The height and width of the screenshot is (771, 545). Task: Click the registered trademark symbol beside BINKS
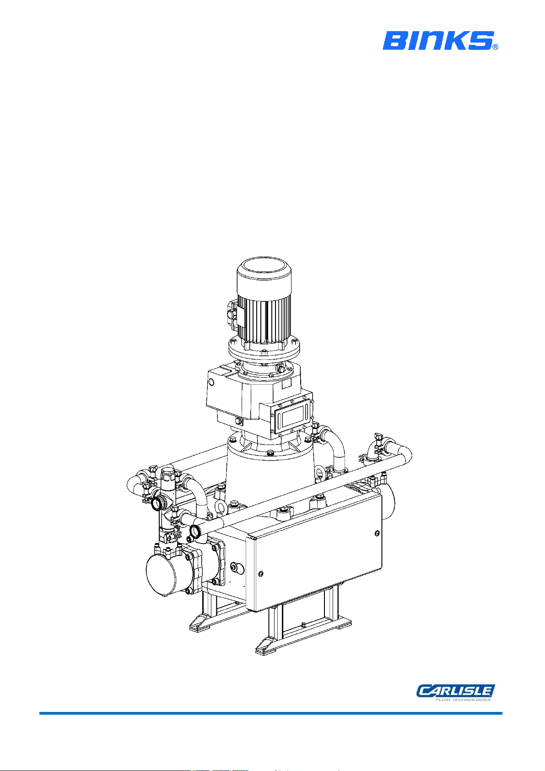pos(496,47)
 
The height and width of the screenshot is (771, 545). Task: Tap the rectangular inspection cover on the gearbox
pos(292,417)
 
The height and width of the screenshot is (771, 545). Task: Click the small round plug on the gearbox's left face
pos(211,382)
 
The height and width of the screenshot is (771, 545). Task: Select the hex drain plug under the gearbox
pos(238,421)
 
